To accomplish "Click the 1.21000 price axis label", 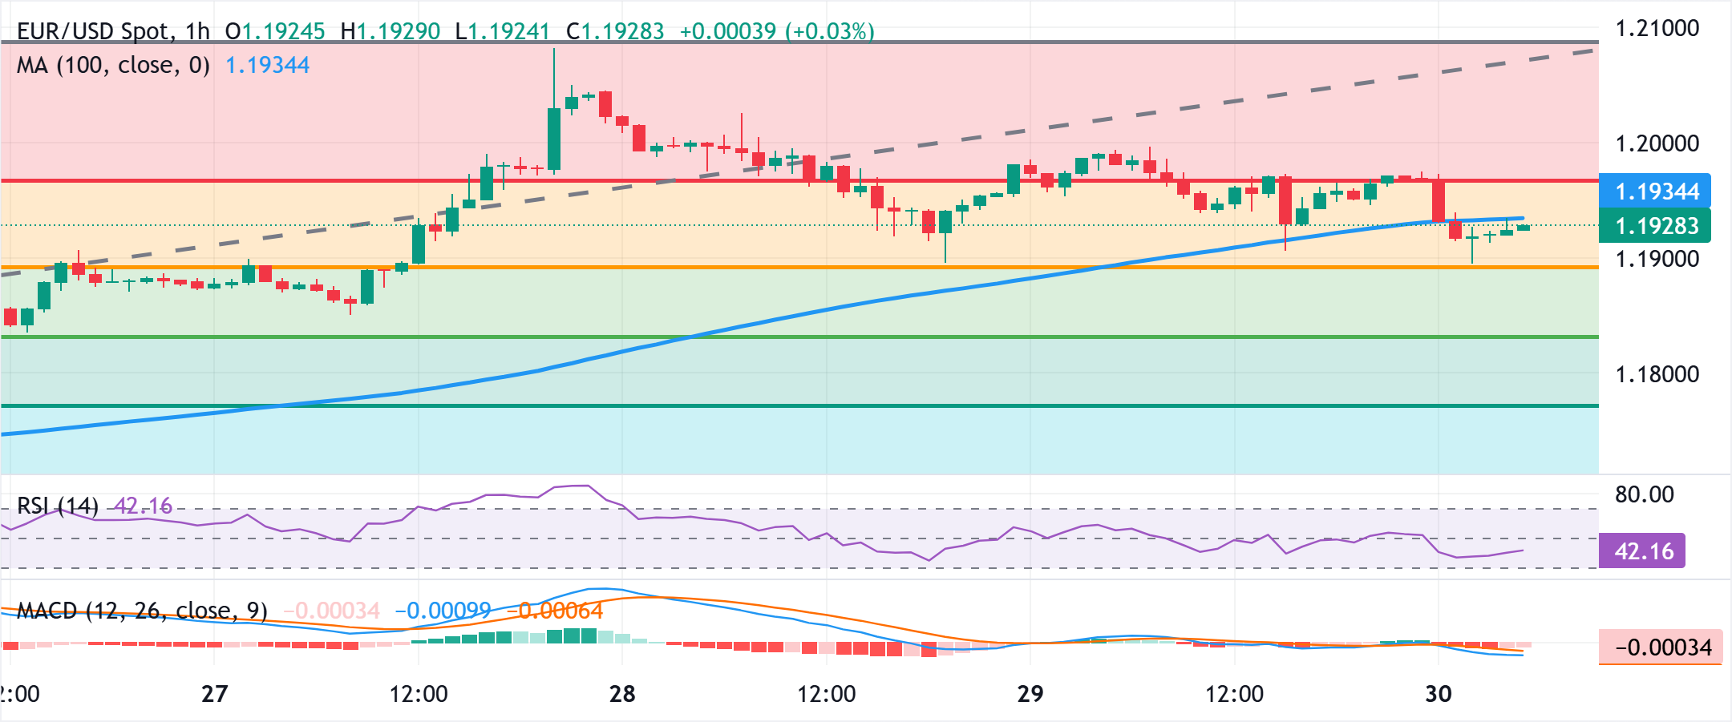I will click(1657, 29).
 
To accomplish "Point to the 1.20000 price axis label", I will click(1657, 144).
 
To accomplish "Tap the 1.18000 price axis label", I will click(1657, 374).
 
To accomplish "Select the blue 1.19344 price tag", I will click(1655, 192).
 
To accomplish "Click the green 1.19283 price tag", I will click(1655, 226).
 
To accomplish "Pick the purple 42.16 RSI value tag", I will click(1642, 551).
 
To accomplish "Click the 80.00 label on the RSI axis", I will click(1644, 494).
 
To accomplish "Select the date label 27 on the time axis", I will click(214, 694).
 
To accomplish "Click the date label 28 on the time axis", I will click(622, 694).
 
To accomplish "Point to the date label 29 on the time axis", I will click(1030, 694).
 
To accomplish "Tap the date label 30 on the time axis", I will click(1438, 694).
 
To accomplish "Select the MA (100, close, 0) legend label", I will click(113, 65).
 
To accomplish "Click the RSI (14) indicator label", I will click(58, 506).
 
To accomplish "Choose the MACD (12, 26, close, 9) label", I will click(142, 611).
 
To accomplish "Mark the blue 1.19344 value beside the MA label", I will click(268, 65).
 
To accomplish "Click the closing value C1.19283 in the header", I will click(615, 31).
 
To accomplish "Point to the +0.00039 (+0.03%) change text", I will click(776, 31).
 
